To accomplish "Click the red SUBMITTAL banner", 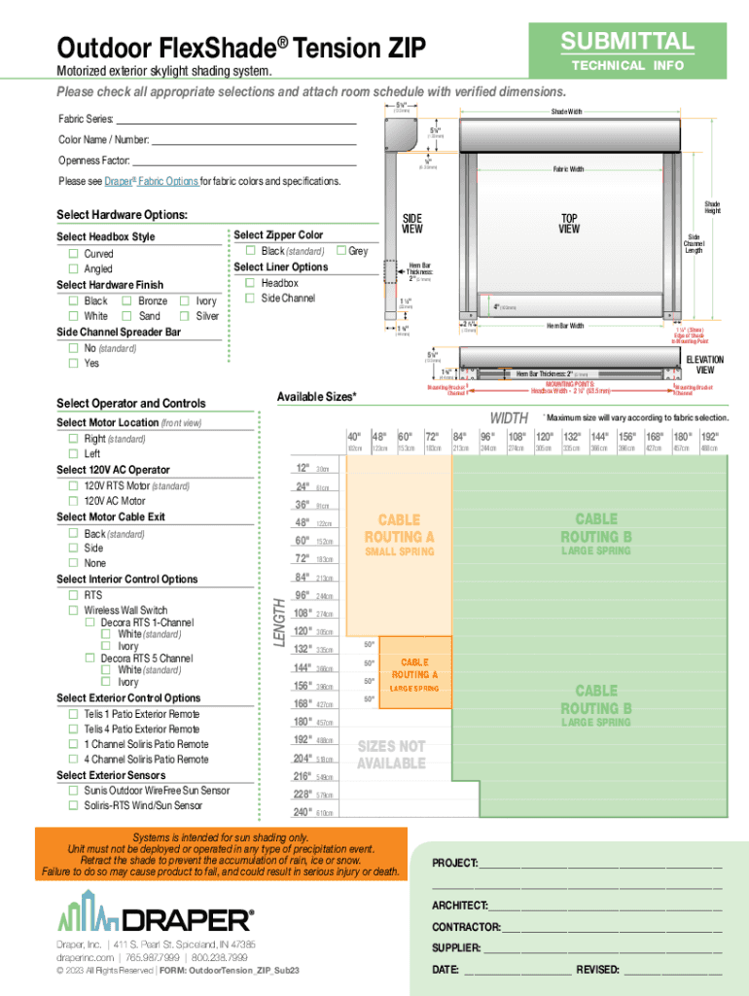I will [626, 42].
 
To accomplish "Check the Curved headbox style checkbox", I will [73, 254].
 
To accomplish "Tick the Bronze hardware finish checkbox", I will [127, 302].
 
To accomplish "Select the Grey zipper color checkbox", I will [341, 251].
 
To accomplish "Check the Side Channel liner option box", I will [250, 299].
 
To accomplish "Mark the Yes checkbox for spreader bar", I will [73, 364].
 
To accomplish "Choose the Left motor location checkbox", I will [73, 454].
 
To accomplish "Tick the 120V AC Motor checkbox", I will [73, 501].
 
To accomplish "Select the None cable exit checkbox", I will [73, 563].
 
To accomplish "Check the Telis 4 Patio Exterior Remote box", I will [73, 729].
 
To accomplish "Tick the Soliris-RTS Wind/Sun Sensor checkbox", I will [73, 806].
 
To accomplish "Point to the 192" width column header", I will [710, 437].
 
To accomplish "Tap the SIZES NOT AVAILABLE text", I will [390, 755].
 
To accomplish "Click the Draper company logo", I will [156, 917].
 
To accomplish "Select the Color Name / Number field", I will [255, 140].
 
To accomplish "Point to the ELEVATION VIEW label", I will [705, 365].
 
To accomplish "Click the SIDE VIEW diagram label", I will [412, 224].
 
